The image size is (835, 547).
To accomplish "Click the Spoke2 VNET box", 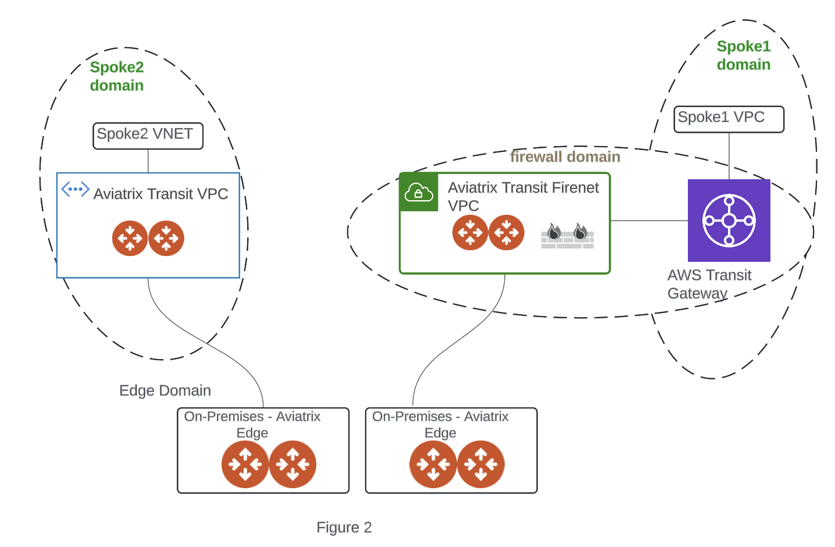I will pyautogui.click(x=148, y=136).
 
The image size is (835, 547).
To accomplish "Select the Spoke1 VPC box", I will pyautogui.click(x=729, y=119).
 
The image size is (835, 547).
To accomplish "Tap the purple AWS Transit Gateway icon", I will pyautogui.click(x=729, y=221).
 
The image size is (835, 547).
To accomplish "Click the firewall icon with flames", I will pyautogui.click(x=567, y=236).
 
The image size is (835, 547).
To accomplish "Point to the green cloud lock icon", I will pyautogui.click(x=419, y=192).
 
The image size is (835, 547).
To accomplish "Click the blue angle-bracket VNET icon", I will pyautogui.click(x=75, y=189).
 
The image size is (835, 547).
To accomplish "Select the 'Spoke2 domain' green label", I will pyautogui.click(x=116, y=76).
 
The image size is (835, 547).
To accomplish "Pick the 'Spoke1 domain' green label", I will pyautogui.click(x=743, y=55).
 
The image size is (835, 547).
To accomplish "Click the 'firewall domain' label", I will pyautogui.click(x=565, y=157).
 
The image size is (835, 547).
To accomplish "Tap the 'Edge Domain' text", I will pyautogui.click(x=165, y=390).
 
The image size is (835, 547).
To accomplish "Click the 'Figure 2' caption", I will pyautogui.click(x=344, y=527).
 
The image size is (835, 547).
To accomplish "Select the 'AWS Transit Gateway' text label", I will pyautogui.click(x=709, y=284).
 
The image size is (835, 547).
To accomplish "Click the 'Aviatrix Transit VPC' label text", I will pyautogui.click(x=160, y=194).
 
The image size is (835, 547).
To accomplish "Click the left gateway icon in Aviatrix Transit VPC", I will pyautogui.click(x=130, y=239).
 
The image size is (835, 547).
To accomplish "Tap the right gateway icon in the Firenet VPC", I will pyautogui.click(x=506, y=233).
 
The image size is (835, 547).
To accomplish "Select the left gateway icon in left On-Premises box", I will pyautogui.click(x=245, y=464).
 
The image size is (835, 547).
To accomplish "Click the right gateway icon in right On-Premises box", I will pyautogui.click(x=481, y=464).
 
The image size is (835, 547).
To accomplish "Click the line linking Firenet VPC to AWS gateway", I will pyautogui.click(x=648, y=221).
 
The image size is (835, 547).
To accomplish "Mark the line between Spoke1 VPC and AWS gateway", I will pyautogui.click(x=729, y=155).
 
